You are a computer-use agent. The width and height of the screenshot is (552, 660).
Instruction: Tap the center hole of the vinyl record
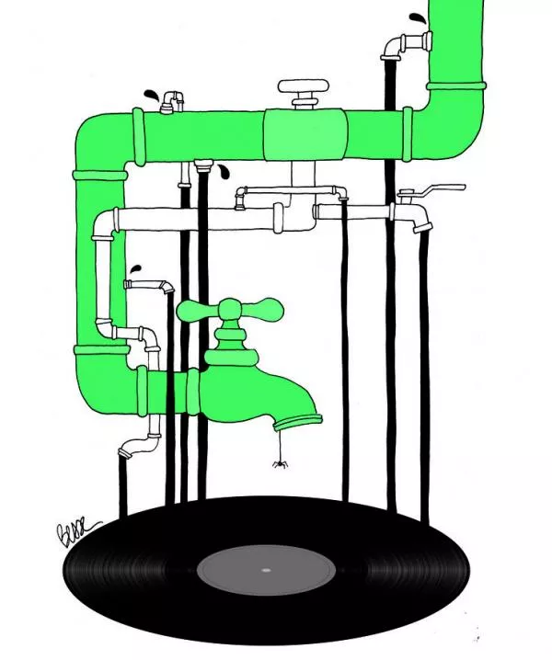pos(266,570)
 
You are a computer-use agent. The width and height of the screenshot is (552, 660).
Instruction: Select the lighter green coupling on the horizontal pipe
pos(303,135)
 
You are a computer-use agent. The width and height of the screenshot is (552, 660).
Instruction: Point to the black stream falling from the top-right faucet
pos(389,276)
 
